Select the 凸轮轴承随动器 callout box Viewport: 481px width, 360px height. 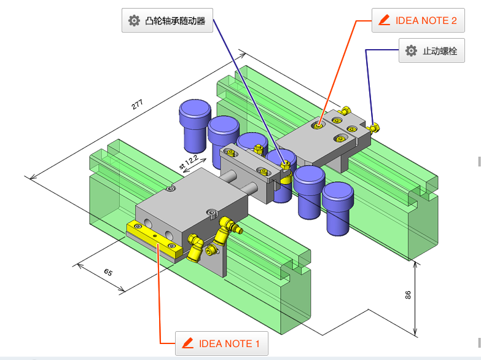tap(167, 21)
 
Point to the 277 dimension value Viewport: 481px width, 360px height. tap(138, 104)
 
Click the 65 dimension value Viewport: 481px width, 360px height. tap(108, 272)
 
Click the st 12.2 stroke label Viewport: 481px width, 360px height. tap(188, 162)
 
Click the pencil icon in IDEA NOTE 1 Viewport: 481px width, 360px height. tap(188, 343)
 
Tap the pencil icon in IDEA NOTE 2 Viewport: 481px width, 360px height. tap(385, 20)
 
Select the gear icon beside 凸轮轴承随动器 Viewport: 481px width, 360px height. tap(134, 21)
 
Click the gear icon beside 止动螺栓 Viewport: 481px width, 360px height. tap(412, 51)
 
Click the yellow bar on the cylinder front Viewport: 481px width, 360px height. tap(153, 238)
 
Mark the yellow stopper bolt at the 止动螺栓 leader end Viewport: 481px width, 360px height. tap(375, 128)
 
